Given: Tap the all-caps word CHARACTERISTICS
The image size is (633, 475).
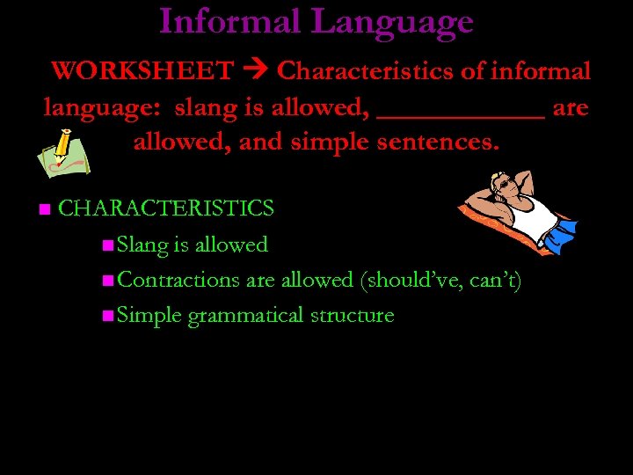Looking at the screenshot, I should tap(166, 208).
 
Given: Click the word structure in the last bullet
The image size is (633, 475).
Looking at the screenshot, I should tap(352, 315).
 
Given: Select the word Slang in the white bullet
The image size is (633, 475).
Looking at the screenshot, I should tap(142, 245).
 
